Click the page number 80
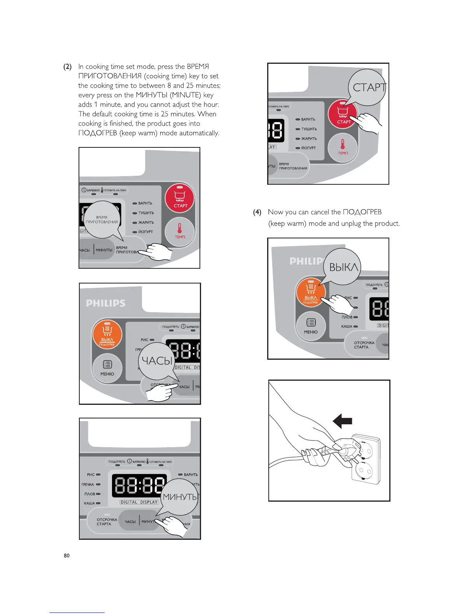[66, 555]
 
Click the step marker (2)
[67, 66]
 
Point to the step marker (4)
[257, 212]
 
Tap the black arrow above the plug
[343, 421]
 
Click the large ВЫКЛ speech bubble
[343, 267]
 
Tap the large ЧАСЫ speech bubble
[157, 361]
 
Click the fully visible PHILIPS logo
[106, 303]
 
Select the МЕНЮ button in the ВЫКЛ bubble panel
[311, 327]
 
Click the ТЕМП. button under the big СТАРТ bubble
[343, 147]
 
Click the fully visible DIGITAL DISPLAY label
[139, 502]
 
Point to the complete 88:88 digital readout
[139, 486]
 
